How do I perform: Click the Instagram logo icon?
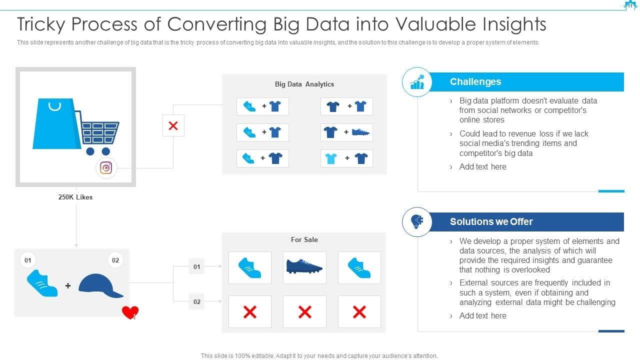pyautogui.click(x=106, y=168)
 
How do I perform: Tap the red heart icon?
pyautogui.click(x=130, y=312)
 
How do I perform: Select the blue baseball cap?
pyautogui.click(x=100, y=286)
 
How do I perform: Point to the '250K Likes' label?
pyautogui.click(x=75, y=197)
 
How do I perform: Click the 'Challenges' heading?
pyautogui.click(x=475, y=82)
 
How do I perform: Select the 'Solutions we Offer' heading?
pyautogui.click(x=491, y=221)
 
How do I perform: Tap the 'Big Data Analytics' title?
pyautogui.click(x=304, y=84)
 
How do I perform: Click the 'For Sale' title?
pyautogui.click(x=304, y=239)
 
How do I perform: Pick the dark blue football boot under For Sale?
pyautogui.click(x=304, y=266)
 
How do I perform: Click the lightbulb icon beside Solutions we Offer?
pyautogui.click(x=416, y=221)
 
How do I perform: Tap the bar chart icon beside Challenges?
pyautogui.click(x=416, y=82)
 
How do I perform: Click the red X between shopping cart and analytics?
pyautogui.click(x=173, y=125)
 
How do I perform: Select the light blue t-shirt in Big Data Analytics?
pyautogui.click(x=331, y=159)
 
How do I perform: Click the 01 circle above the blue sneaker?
pyautogui.click(x=28, y=260)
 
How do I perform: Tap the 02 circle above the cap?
pyautogui.click(x=115, y=260)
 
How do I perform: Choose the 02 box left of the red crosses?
pyautogui.click(x=196, y=301)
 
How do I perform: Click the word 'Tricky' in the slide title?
pyautogui.click(x=44, y=24)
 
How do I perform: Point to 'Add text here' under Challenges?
pyautogui.click(x=482, y=167)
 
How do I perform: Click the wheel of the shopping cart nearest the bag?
pyautogui.click(x=90, y=151)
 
